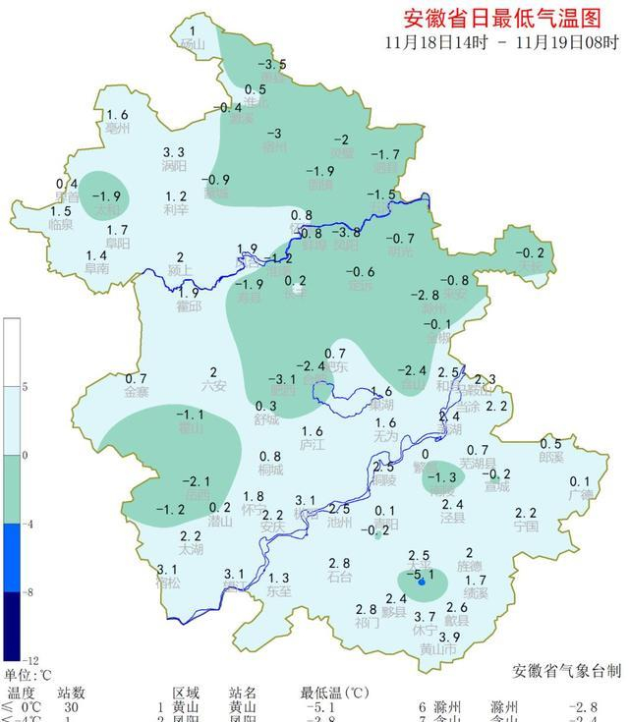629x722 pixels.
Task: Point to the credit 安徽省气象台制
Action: click(567, 670)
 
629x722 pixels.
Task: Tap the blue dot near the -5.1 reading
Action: click(422, 583)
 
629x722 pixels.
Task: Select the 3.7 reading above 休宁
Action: click(425, 616)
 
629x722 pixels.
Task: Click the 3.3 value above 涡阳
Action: click(174, 152)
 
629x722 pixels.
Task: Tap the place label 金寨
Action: click(137, 393)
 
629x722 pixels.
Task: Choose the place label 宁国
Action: click(526, 527)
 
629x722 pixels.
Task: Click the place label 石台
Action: click(340, 577)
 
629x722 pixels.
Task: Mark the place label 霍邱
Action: click(189, 306)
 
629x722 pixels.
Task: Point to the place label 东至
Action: click(279, 591)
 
